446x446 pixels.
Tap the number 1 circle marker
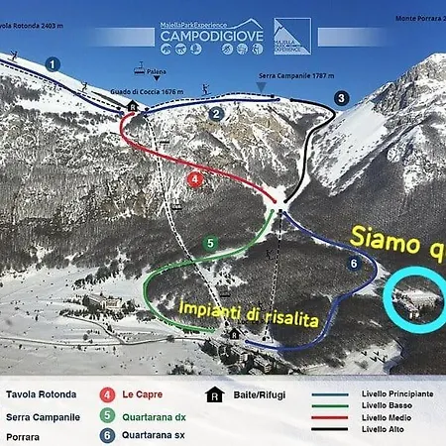(52, 63)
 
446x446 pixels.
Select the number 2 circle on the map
(216, 113)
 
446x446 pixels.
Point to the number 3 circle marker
(341, 98)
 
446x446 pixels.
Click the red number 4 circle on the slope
(195, 179)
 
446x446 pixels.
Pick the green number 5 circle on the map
(209, 243)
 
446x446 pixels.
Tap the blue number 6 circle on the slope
(353, 264)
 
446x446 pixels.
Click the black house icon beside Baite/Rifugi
(212, 393)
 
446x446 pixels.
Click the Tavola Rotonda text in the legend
(39, 393)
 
